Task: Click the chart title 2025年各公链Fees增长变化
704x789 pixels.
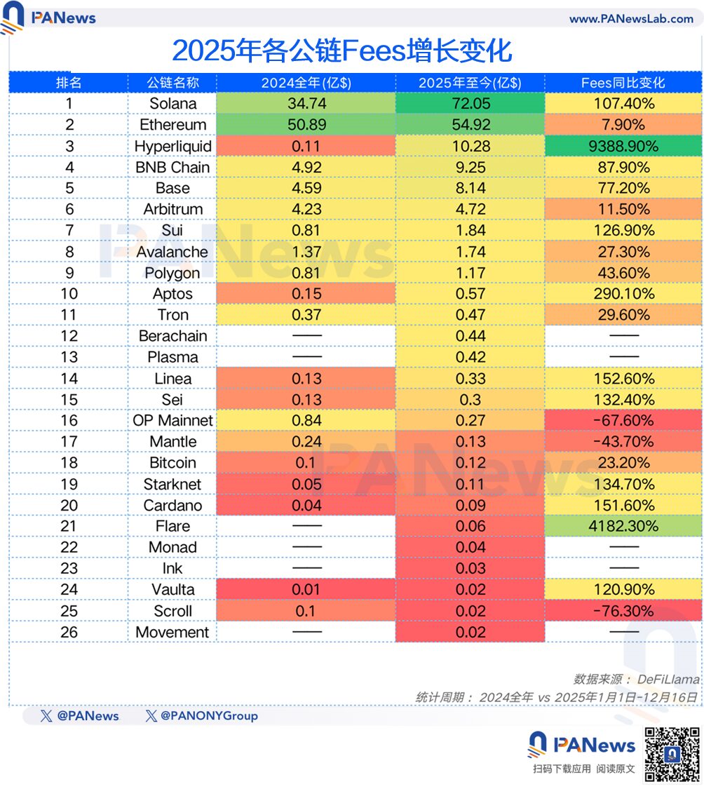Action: [x=341, y=50]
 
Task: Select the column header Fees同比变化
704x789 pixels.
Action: [x=623, y=83]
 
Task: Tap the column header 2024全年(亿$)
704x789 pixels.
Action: [x=306, y=83]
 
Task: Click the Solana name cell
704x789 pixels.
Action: [x=172, y=104]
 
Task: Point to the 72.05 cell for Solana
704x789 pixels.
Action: [x=471, y=104]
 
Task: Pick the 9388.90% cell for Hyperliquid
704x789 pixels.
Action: [x=623, y=146]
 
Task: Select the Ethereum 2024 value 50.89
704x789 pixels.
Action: [x=306, y=125]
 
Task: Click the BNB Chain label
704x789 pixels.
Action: [x=172, y=167]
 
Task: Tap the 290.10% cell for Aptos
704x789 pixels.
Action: [x=623, y=294]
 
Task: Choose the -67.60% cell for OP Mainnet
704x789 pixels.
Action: [x=623, y=421]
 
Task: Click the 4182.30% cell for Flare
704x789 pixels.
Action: [x=623, y=526]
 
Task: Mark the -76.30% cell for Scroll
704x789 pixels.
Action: [x=623, y=611]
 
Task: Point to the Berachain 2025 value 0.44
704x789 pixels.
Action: [x=471, y=336]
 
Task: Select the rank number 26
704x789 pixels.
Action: [x=69, y=632]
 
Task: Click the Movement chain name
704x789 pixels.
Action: [x=172, y=632]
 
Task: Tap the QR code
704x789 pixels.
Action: [x=672, y=754]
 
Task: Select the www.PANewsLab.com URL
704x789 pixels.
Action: [x=631, y=19]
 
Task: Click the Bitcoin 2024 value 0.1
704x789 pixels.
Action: [x=306, y=463]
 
